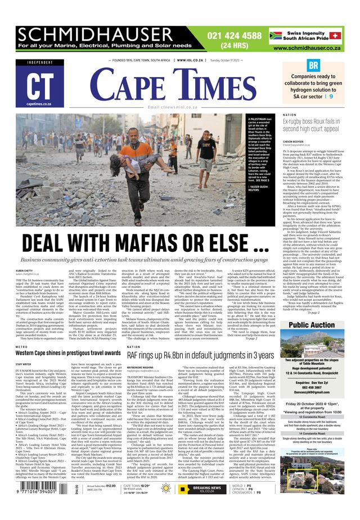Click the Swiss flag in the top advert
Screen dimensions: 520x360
point(335,35)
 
